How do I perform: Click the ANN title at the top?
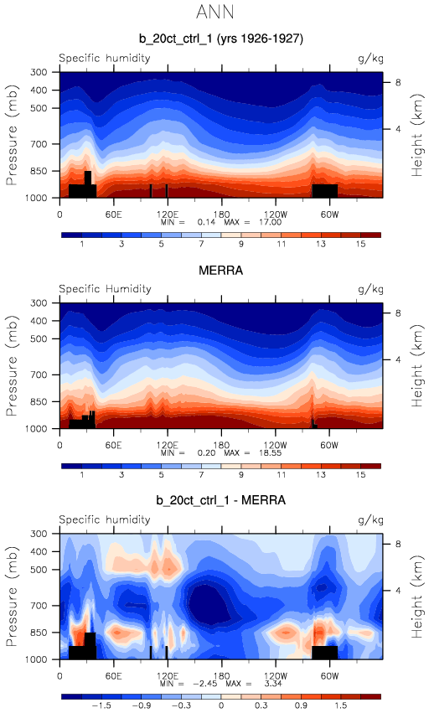tap(215, 12)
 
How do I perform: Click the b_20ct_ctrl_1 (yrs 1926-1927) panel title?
tap(221, 39)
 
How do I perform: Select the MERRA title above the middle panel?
tap(221, 271)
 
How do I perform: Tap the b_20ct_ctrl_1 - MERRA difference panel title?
tap(221, 500)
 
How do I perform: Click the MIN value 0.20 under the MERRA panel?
tap(206, 453)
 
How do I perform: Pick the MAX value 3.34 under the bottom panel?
tap(273, 684)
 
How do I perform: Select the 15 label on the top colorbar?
tap(361, 244)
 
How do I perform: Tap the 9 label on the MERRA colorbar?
tap(241, 475)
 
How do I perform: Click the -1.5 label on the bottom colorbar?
tap(102, 705)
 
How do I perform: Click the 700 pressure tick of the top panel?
tap(39, 144)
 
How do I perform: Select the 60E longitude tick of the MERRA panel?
tap(113, 445)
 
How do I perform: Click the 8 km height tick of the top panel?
tap(398, 82)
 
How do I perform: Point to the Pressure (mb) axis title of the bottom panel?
tap(12, 597)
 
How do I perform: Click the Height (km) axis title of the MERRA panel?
tap(416, 366)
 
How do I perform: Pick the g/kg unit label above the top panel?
tap(371, 59)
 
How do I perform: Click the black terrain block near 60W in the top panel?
tap(325, 190)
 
